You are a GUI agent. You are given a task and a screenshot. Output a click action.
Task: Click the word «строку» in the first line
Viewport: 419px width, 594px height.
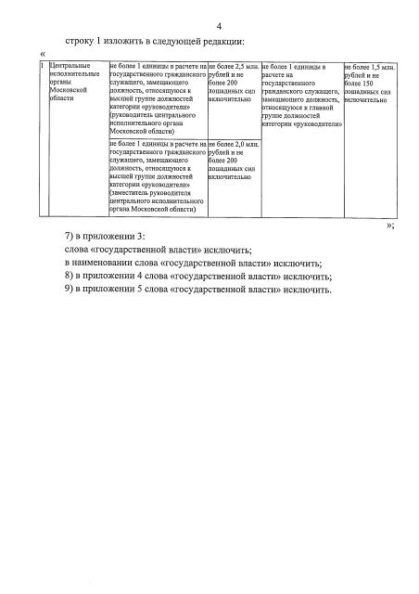[x=83, y=42]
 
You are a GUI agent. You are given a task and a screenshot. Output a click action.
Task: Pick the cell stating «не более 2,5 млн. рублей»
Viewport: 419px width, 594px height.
[x=234, y=82]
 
